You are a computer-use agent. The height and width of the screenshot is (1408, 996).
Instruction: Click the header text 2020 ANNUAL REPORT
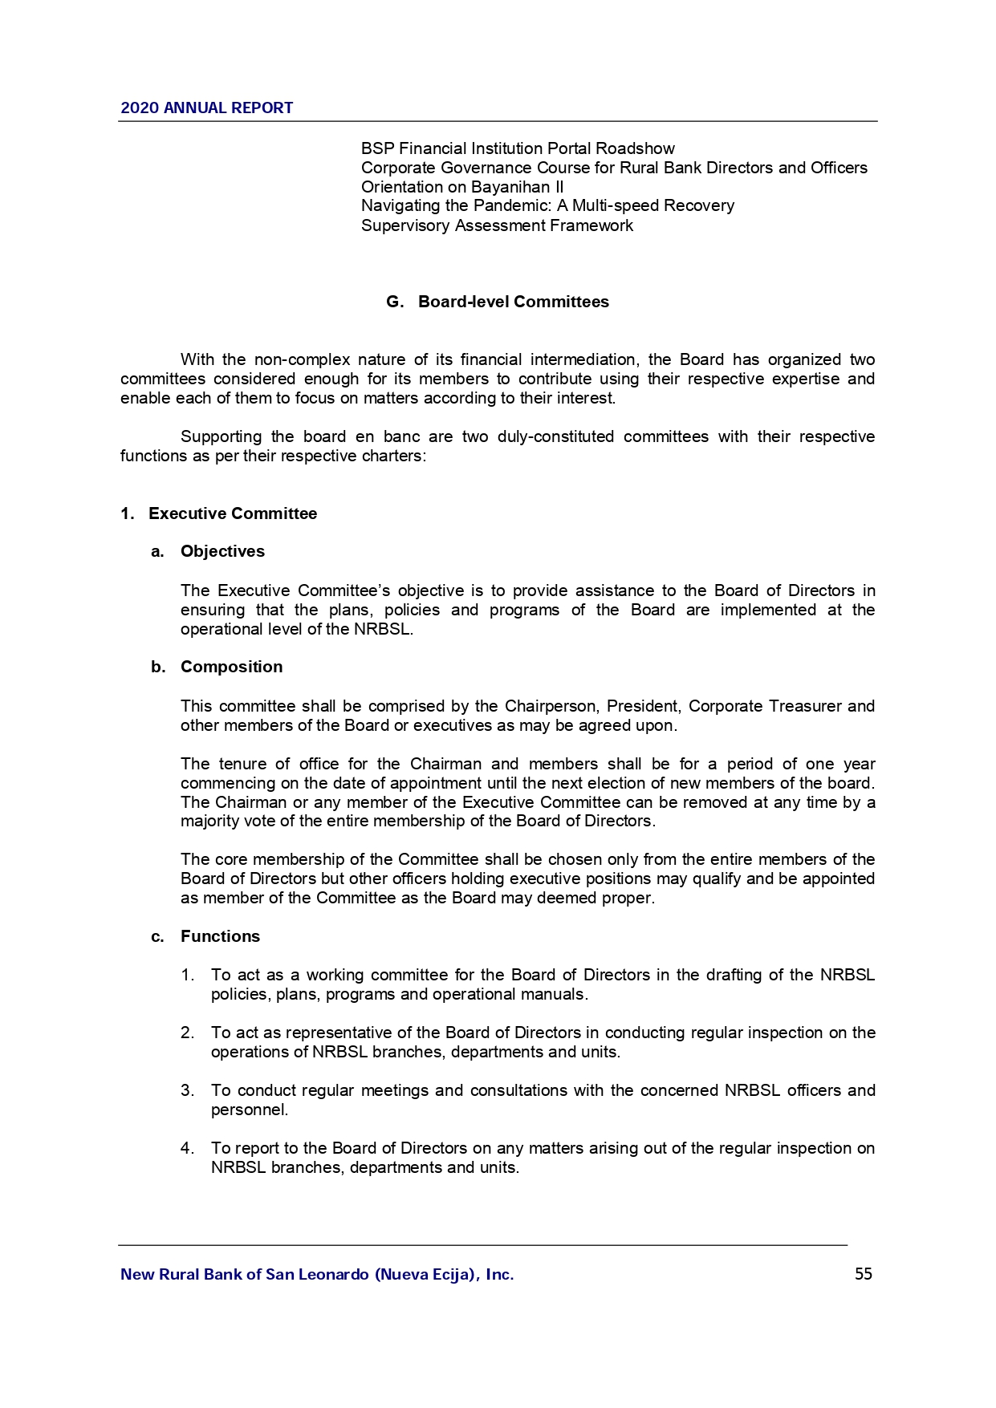206,108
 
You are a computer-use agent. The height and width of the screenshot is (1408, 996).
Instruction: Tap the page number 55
863,1274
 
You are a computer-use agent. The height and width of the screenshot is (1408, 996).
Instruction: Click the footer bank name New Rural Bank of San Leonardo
316,1274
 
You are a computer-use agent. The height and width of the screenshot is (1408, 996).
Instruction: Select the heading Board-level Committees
513,302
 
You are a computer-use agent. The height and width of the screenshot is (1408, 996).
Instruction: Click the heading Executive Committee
233,513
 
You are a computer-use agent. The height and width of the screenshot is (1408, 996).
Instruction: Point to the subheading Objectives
222,552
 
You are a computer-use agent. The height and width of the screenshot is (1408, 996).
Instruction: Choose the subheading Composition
231,667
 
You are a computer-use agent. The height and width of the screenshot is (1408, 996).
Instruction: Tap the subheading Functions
220,937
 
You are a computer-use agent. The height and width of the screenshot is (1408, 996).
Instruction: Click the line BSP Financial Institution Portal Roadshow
518,148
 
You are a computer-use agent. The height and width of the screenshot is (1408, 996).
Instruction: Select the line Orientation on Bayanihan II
462,187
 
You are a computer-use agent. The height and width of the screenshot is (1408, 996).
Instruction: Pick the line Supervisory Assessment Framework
497,225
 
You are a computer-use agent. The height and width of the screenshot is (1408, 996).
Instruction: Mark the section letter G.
393,302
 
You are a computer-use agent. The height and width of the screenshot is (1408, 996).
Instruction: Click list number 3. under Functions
187,1091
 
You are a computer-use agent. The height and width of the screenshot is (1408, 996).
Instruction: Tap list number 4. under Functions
187,1149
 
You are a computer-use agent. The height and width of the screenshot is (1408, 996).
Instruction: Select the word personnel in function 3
248,1110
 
